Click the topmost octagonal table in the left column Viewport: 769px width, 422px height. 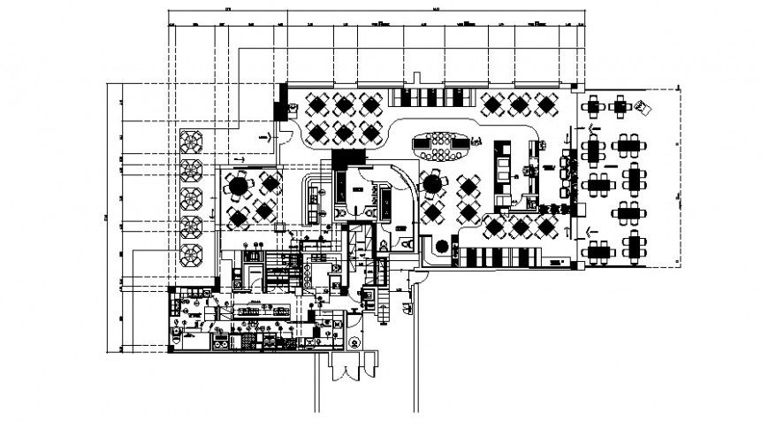pyautogui.click(x=192, y=140)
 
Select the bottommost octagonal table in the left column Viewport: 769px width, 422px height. pyautogui.click(x=192, y=255)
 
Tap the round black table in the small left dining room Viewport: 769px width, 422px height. pyautogui.click(x=236, y=186)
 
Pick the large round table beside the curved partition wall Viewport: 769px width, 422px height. pyautogui.click(x=432, y=183)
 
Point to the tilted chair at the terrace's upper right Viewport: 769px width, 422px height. pyautogui.click(x=643, y=106)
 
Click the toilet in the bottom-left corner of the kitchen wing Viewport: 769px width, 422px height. pyautogui.click(x=180, y=340)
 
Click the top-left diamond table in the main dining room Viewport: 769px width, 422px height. pyautogui.click(x=316, y=104)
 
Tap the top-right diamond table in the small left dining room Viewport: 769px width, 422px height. pyautogui.click(x=270, y=184)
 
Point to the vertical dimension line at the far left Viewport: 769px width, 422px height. pyautogui.click(x=109, y=217)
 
